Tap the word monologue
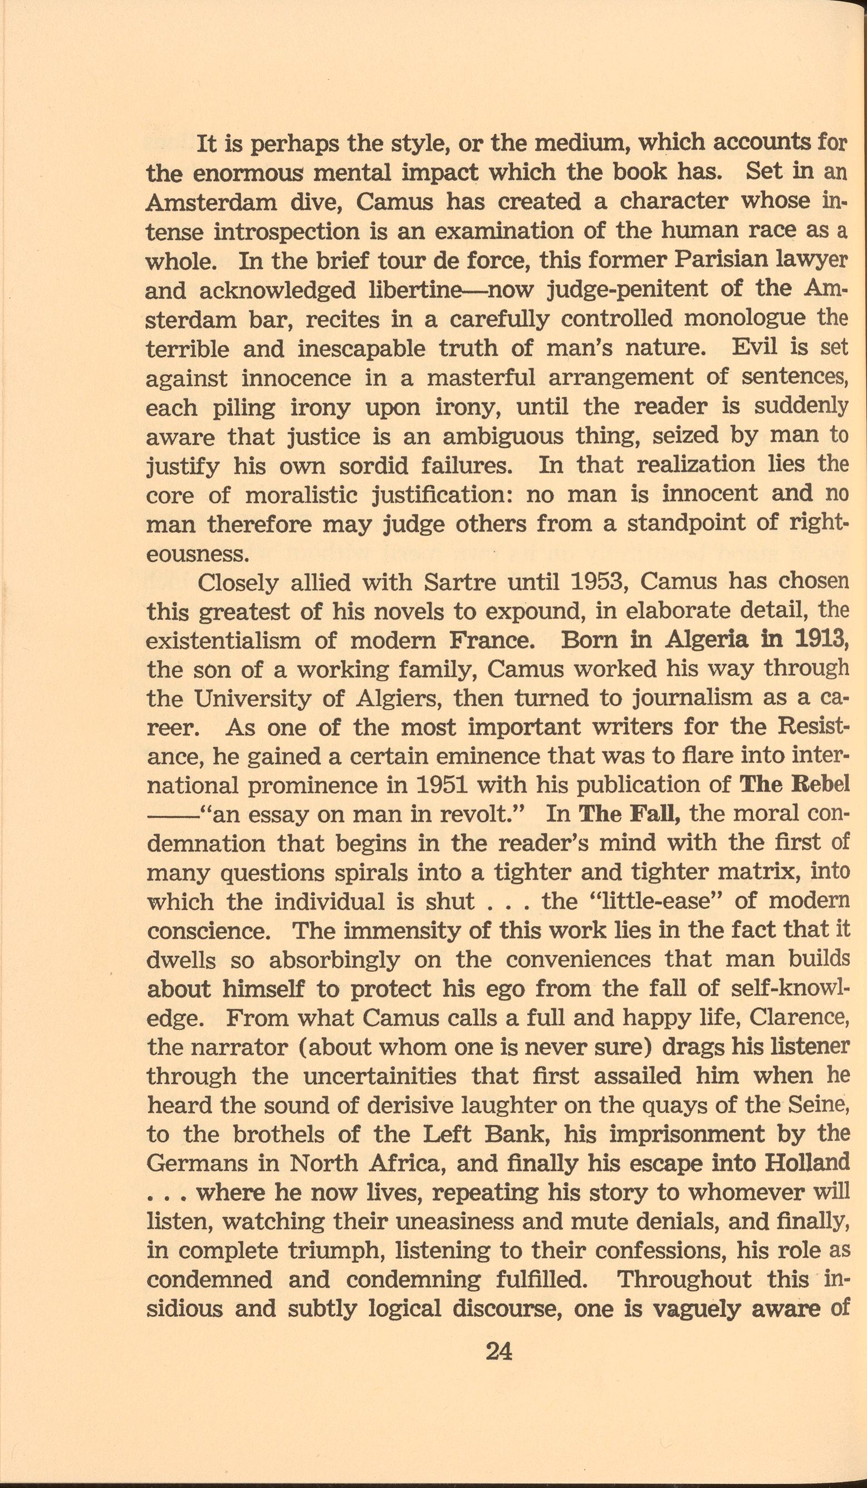pyautogui.click(x=742, y=319)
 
